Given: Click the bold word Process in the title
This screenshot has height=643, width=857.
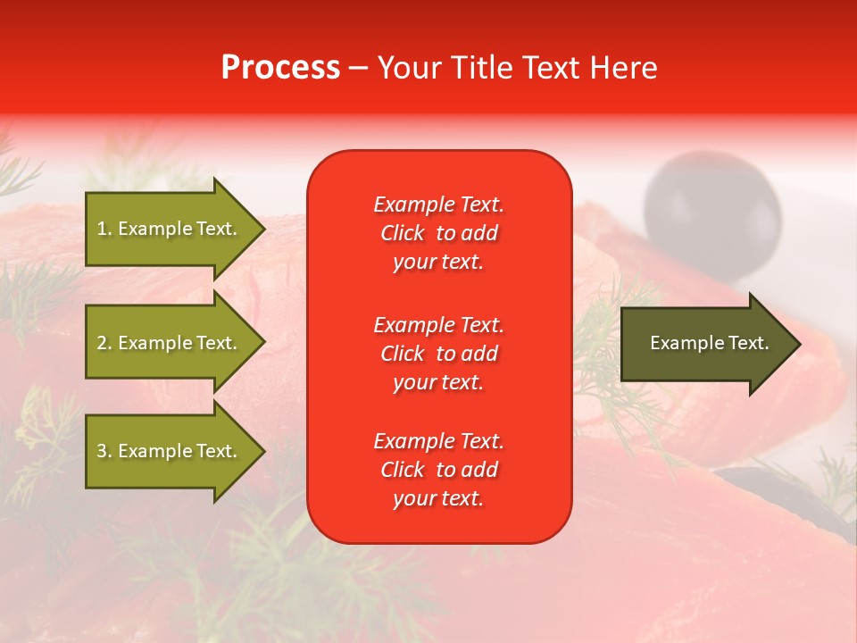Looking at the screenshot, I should [280, 68].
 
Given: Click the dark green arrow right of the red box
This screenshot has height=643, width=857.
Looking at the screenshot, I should [705, 343].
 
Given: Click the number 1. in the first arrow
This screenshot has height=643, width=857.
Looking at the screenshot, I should [104, 229].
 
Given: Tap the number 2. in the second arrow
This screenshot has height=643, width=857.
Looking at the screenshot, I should [104, 343].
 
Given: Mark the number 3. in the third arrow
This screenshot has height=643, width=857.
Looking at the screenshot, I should [104, 451].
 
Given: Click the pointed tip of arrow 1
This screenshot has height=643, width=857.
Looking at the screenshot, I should [262, 229].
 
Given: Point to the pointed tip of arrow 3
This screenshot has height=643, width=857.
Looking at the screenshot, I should [262, 451].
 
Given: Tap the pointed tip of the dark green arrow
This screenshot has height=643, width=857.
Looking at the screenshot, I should [797, 343].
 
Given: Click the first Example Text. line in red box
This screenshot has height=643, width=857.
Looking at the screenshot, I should [438, 205].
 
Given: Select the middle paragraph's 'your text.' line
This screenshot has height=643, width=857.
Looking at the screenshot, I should [438, 382].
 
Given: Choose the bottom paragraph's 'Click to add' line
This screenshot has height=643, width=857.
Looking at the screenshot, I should [438, 470].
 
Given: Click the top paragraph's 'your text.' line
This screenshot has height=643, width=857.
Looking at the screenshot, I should [438, 263].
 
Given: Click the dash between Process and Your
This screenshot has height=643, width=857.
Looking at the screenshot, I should [358, 69].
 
